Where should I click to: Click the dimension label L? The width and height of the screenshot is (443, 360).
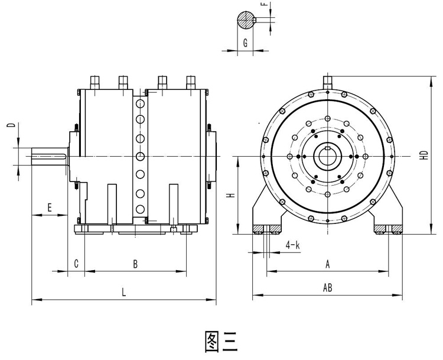coord(123,291)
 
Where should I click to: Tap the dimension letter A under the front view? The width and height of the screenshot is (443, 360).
coord(327,264)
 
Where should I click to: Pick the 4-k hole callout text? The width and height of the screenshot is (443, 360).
coord(292,244)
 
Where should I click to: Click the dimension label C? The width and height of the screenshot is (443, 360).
coord(76,264)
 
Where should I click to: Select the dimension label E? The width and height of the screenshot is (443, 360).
coord(50,207)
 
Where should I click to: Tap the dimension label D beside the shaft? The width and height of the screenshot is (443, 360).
coord(10,125)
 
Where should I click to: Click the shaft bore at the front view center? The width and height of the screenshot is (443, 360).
coord(327,155)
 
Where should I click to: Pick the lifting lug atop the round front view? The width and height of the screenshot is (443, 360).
coord(327,83)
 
